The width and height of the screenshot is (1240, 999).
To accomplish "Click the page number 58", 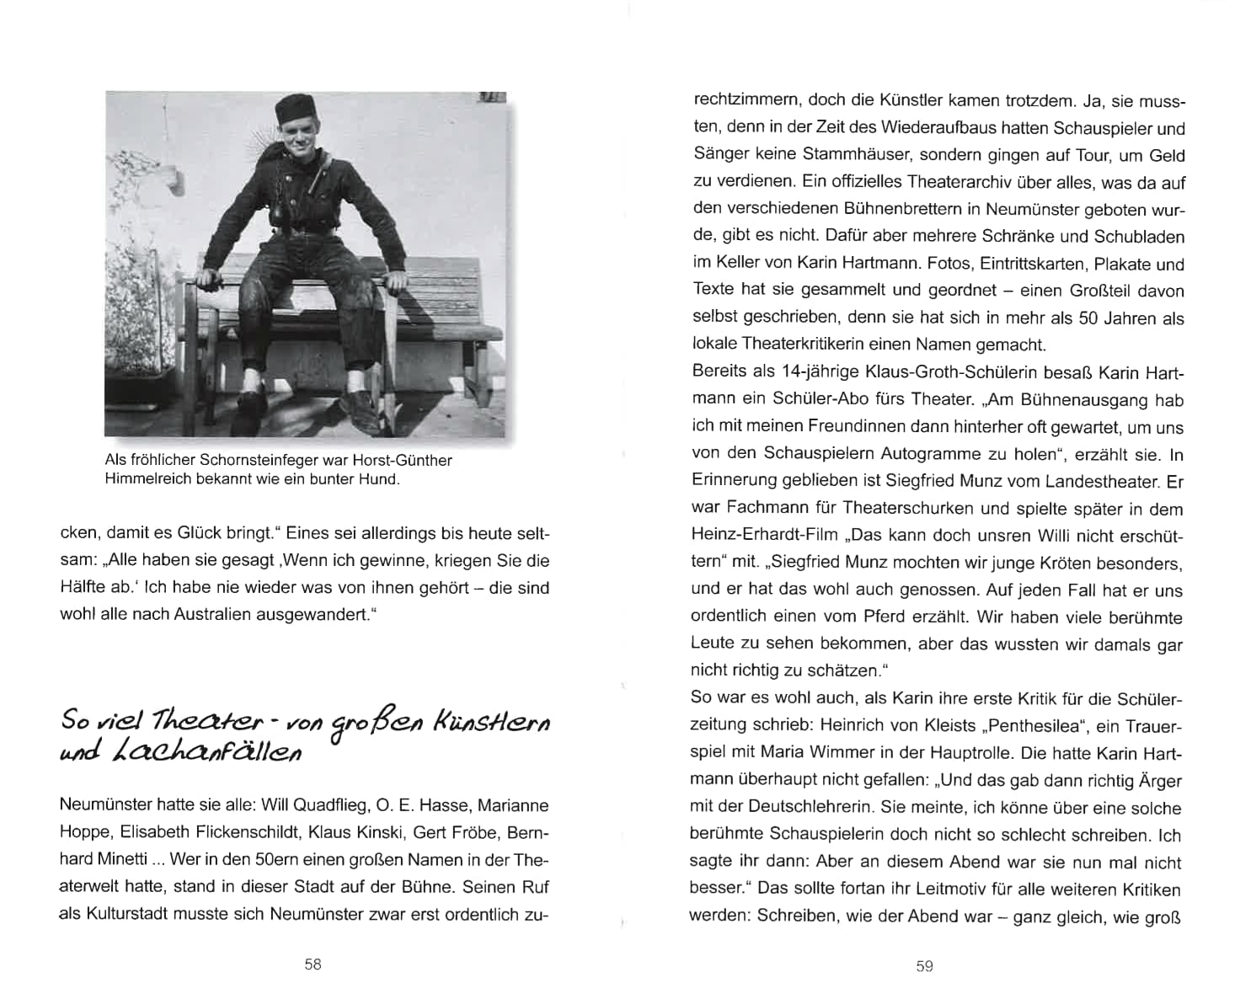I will pos(313,965).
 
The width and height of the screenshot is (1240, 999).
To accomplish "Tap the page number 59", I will pos(924,966).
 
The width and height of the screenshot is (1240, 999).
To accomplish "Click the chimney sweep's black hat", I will pos(295,108).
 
